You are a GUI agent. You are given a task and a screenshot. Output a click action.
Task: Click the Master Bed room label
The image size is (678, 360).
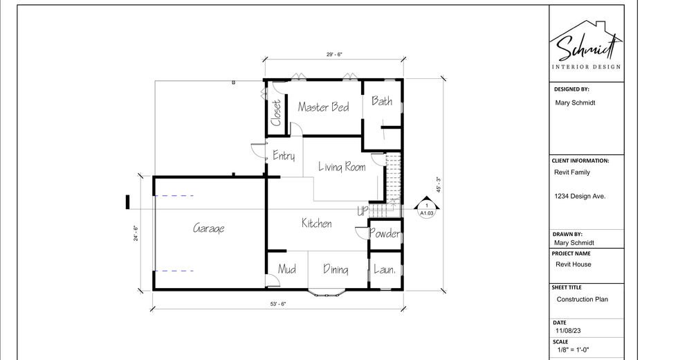324,107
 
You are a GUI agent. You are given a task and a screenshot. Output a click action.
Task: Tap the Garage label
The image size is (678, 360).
208,228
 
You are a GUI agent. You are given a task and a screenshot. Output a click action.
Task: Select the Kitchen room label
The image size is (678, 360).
317,223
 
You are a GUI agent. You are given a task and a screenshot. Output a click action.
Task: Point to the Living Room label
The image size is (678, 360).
342,167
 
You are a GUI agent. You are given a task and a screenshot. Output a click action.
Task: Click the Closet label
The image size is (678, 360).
276,113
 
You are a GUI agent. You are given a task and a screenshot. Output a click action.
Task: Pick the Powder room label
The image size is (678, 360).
385,233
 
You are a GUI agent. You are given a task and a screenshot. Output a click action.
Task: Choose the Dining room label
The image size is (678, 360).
336,269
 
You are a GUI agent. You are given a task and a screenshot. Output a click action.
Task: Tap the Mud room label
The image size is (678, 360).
286,269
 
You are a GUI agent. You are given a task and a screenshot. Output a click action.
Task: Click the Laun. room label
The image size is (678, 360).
385,269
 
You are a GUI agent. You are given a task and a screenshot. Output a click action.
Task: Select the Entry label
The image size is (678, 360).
284,156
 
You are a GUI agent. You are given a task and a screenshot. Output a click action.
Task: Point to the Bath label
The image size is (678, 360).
382,101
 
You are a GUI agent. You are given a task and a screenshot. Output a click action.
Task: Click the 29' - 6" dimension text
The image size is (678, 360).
334,55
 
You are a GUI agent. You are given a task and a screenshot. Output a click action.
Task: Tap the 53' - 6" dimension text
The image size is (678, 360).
278,304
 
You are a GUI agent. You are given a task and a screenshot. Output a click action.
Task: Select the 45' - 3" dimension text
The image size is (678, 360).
439,185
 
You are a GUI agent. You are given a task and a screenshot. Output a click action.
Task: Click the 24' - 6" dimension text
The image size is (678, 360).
136,233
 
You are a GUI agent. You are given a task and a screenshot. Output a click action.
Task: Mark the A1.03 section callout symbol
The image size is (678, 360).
426,208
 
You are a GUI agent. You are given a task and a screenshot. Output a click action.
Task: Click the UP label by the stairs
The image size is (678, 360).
363,211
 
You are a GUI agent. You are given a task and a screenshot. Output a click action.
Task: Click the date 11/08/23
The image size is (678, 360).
568,331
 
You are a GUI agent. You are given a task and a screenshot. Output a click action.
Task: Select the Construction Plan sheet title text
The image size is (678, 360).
582,299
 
